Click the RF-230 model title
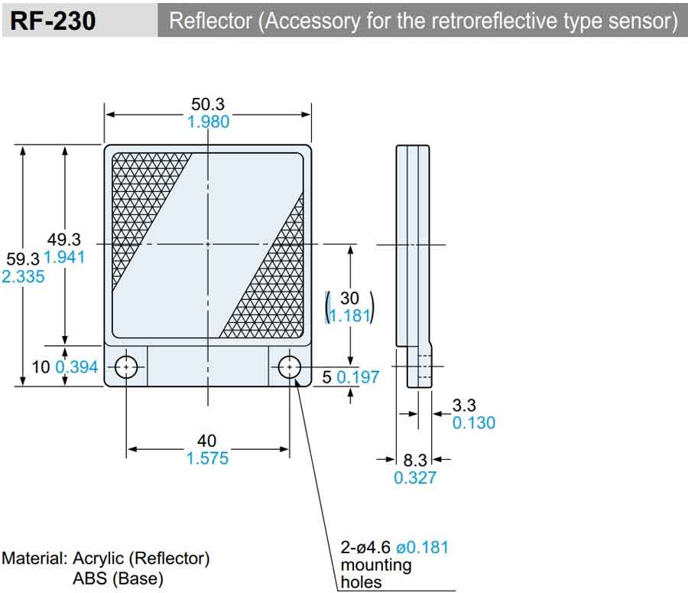pos(53,21)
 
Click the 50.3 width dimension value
pos(208,105)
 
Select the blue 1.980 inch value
pos(208,122)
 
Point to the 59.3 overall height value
pos(21,259)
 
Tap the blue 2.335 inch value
pos(23,276)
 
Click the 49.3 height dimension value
pos(63,239)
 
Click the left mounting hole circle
pos(127,368)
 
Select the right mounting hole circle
pos(289,368)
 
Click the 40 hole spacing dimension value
pos(207,441)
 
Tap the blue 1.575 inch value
pos(207,458)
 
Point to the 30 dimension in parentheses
pos(349,298)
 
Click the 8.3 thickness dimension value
pos(414,461)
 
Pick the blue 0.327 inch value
pos(414,478)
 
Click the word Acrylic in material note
pos(102,559)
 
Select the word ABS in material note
pos(89,578)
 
